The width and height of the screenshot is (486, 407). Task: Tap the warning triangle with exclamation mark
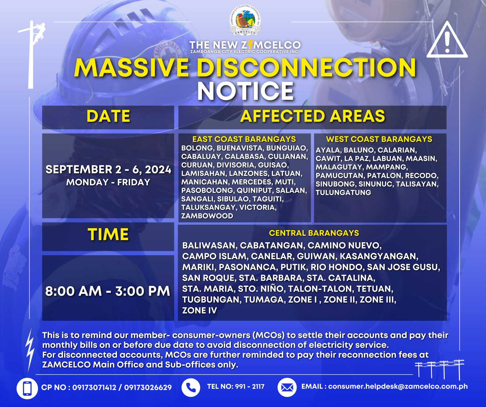(x=447, y=40)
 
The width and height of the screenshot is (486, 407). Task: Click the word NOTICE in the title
(x=245, y=91)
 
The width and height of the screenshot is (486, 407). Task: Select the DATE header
(x=108, y=116)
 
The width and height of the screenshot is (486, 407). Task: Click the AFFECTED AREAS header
(x=313, y=116)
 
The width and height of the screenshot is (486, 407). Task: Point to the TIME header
(x=108, y=235)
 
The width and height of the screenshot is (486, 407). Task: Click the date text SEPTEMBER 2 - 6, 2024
(x=108, y=169)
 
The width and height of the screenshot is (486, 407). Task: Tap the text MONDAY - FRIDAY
(x=108, y=182)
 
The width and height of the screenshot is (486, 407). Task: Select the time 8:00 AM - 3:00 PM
(x=108, y=291)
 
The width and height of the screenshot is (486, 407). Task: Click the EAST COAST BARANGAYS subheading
(x=244, y=139)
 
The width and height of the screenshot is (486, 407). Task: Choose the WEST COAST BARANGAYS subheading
(x=379, y=139)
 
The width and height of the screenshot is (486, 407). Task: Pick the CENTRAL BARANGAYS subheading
(x=314, y=233)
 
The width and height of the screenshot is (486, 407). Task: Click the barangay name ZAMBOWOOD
(x=207, y=216)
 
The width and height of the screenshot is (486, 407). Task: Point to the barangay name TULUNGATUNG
(x=343, y=192)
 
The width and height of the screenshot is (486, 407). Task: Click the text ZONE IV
(x=200, y=310)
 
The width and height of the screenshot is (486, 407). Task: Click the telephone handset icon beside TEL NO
(x=191, y=387)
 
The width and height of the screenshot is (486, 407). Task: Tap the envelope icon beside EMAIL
(x=287, y=387)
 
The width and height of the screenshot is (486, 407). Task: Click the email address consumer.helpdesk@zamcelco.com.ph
(x=398, y=387)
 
